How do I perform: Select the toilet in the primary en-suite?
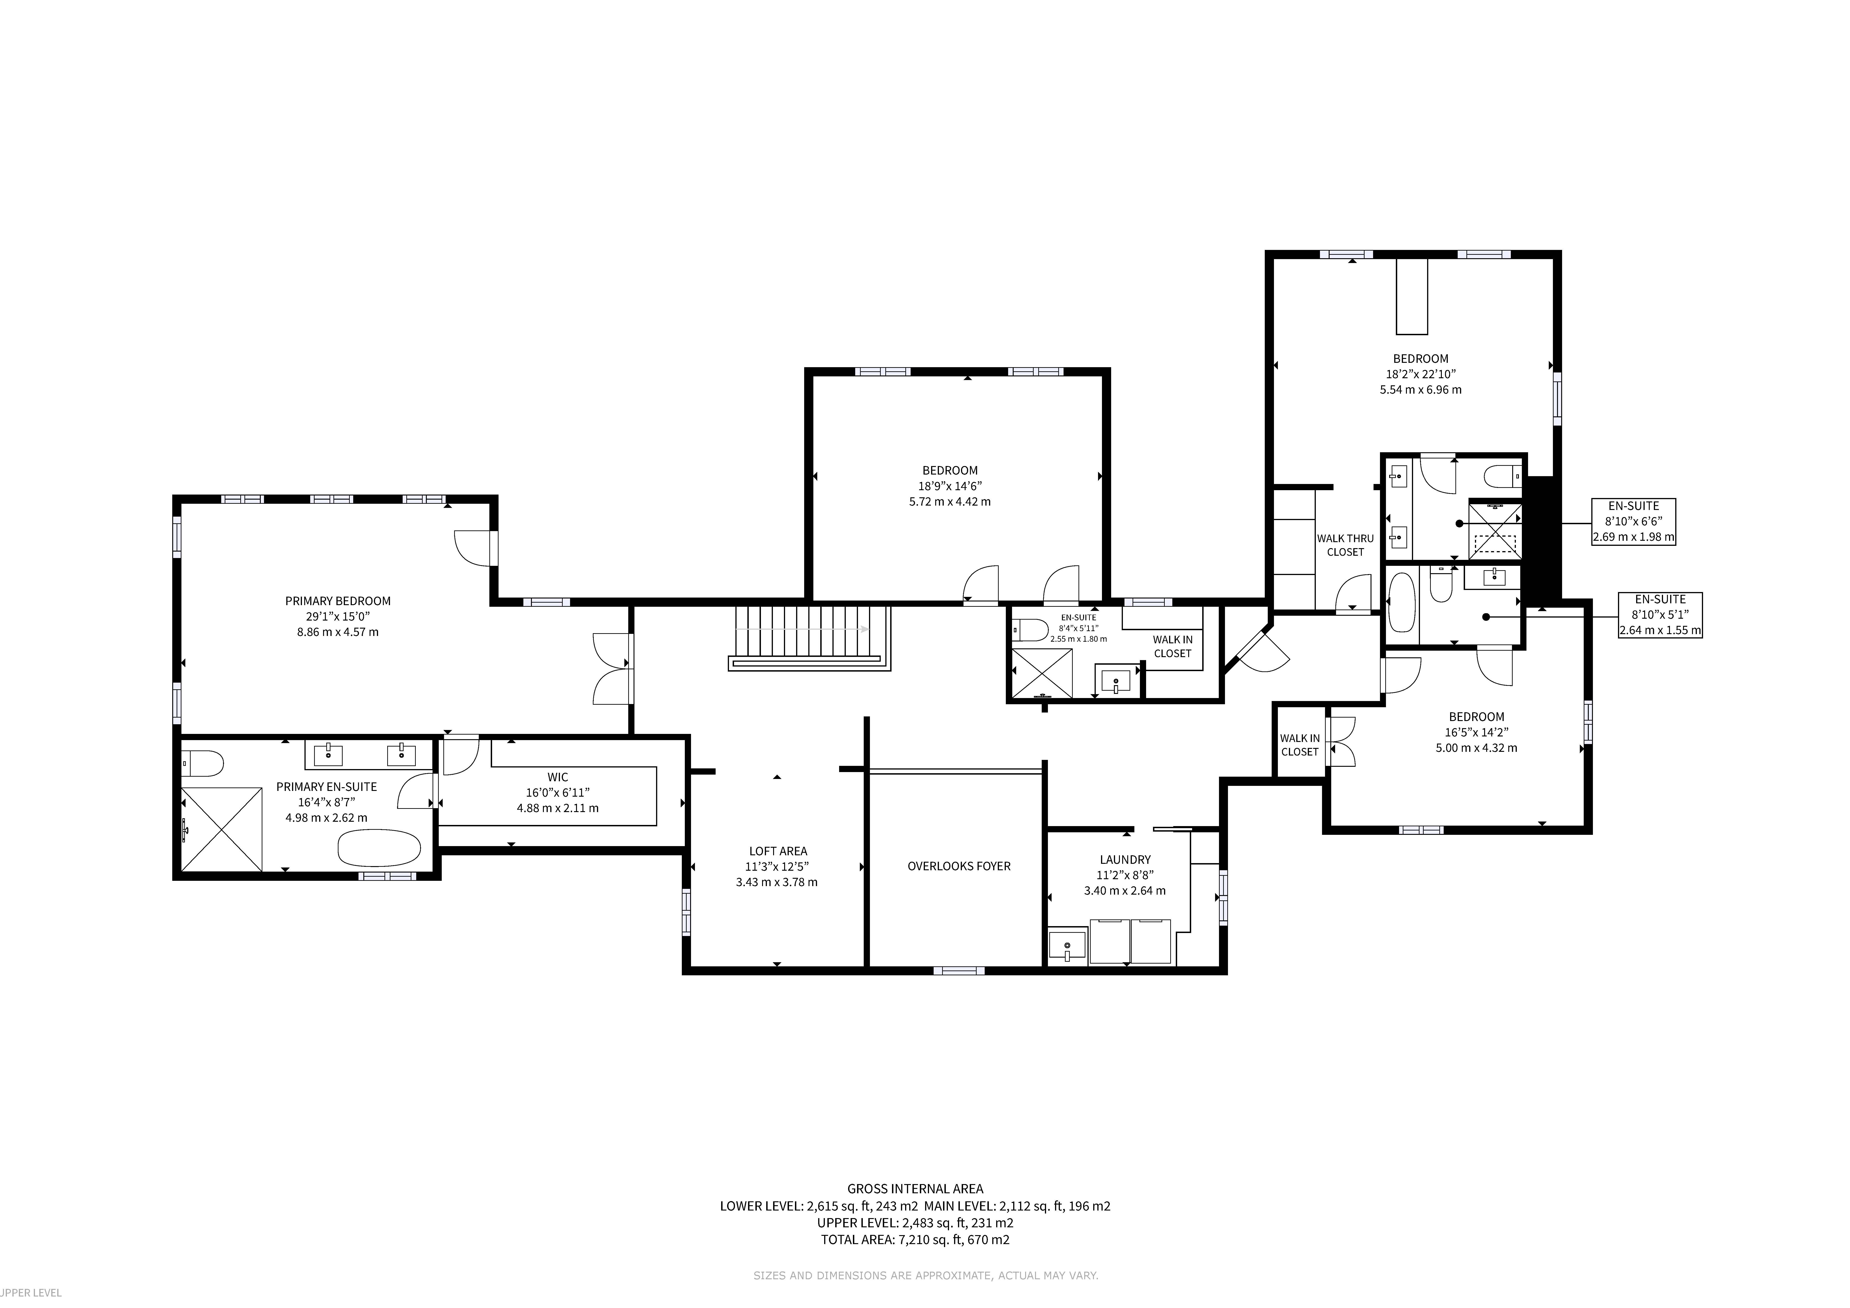tap(201, 763)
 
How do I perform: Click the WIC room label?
tap(558, 777)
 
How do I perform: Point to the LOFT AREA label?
tap(777, 850)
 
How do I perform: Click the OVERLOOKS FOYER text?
tap(959, 866)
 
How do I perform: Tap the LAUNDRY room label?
tap(1125, 859)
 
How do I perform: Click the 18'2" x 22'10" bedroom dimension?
tap(1420, 374)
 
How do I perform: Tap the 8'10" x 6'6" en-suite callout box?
tap(1633, 521)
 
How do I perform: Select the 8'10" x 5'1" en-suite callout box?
tap(1661, 615)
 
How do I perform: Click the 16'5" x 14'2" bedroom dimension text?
tap(1476, 732)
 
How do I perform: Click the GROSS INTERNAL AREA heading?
tap(915, 1188)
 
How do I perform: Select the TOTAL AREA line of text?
tap(915, 1239)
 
